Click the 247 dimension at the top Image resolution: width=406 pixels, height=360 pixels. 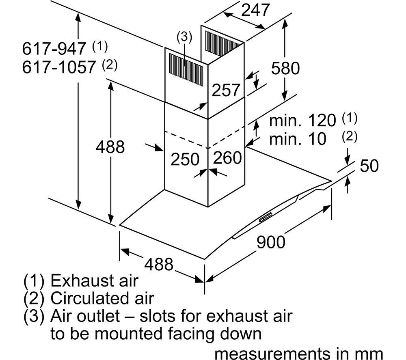coord(255,11)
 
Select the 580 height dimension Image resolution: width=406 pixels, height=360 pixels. coord(285,68)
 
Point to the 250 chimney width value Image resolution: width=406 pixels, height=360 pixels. coord(185,159)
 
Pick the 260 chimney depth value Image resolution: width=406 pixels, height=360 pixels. coord(227,157)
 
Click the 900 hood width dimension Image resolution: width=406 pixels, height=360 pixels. coord(271,242)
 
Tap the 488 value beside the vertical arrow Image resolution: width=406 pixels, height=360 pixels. coord(110,147)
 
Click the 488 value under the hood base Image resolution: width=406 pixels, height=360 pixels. coord(159,264)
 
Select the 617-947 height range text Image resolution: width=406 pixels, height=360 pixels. coord(54,48)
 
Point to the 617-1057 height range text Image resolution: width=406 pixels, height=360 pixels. coord(59,67)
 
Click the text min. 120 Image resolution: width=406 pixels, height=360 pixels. coord(302,121)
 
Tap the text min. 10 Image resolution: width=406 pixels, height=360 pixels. coord(298,139)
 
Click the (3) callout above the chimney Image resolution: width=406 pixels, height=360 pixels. coord(184,37)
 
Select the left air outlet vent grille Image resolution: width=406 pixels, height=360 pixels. coord(186,69)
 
